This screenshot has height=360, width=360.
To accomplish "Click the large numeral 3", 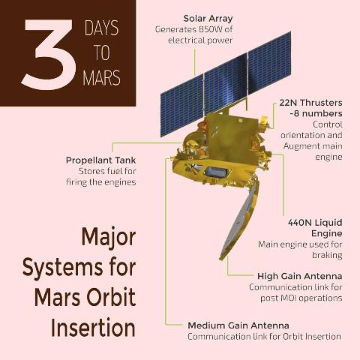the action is tap(49, 55).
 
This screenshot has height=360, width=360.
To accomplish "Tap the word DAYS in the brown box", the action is tap(101, 28).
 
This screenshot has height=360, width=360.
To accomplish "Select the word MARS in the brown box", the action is tap(101, 78).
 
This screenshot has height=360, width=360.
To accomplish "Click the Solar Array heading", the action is tap(208, 19).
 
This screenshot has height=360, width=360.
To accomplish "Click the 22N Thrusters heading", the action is tap(310, 103).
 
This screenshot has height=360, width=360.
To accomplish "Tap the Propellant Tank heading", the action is tap(101, 160).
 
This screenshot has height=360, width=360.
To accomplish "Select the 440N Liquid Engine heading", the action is tap(315, 228).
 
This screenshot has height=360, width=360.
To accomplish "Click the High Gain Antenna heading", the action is tap(300, 276).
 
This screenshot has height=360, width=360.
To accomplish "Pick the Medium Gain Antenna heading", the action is tap(238, 325).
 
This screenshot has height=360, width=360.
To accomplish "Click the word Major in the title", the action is tap(109, 237).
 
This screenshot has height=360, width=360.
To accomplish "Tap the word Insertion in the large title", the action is tap(93, 327).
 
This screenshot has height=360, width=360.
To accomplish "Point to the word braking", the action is tap(327, 255).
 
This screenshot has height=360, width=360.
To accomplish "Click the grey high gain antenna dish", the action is tap(241, 219).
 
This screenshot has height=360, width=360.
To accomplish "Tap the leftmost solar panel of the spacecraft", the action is tap(181, 106).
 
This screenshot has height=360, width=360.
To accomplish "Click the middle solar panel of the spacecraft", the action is tap(226, 84).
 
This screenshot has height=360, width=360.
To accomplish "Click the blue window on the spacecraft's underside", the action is tap(217, 172).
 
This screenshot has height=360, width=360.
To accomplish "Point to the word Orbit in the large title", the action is tap(111, 297).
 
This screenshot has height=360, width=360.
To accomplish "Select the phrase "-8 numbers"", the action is tap(316, 113).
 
